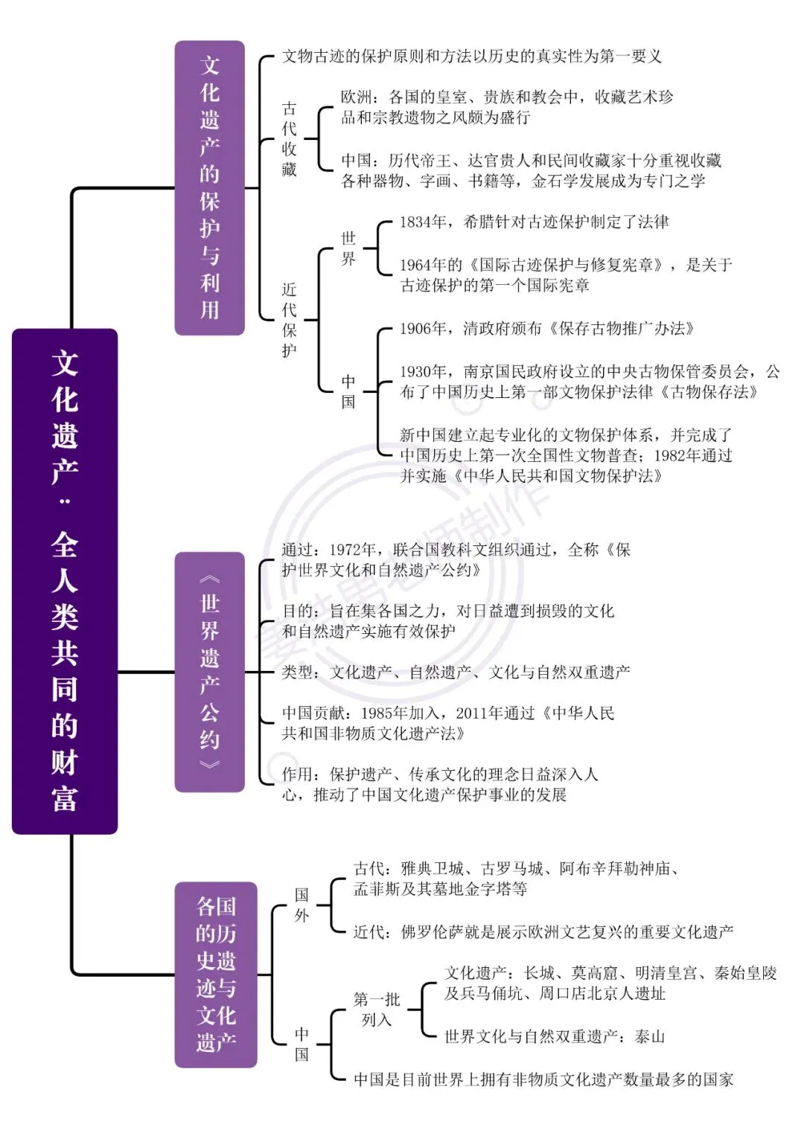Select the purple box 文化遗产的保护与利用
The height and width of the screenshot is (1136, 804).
coord(210,188)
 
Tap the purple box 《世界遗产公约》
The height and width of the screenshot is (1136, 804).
coord(210,672)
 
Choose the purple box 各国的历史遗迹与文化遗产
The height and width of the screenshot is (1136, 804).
coord(216,975)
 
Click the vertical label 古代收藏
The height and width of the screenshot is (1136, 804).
coord(289,138)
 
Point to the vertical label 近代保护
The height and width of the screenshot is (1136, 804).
coord(289,320)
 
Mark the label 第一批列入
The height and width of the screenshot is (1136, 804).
coord(377,1010)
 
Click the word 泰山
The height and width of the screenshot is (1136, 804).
coord(649,1036)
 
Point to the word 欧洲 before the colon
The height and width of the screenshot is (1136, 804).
coord(357,97)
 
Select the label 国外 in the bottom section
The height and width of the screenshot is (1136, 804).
coord(301,905)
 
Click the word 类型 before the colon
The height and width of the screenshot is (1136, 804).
coord(298,673)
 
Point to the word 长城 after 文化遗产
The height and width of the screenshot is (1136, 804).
coord(540,972)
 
